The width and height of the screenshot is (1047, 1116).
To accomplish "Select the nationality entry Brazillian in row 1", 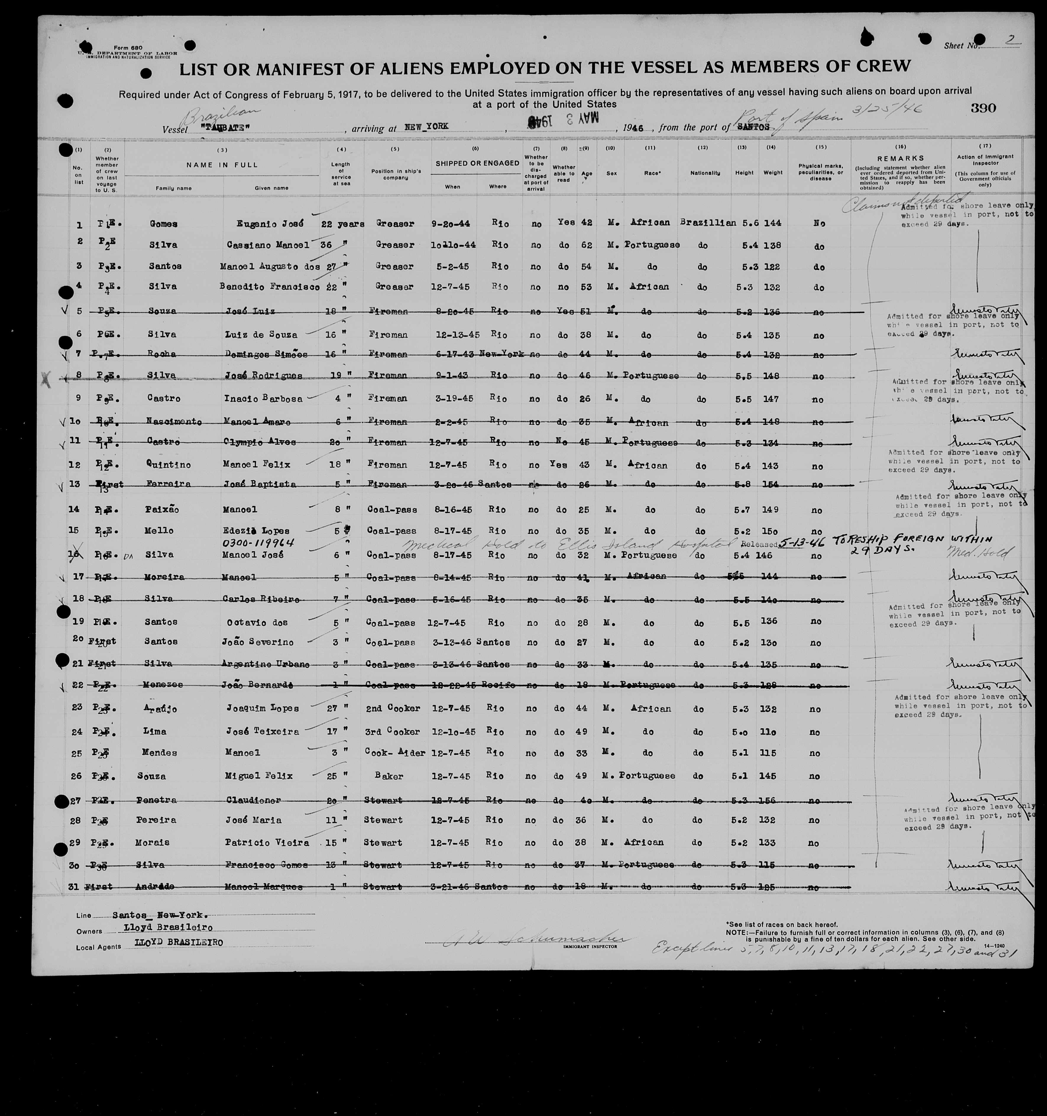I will coord(707,222).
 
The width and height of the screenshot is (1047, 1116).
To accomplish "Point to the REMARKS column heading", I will coord(900,158).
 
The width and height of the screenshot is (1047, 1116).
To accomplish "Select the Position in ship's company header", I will coord(396,171).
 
